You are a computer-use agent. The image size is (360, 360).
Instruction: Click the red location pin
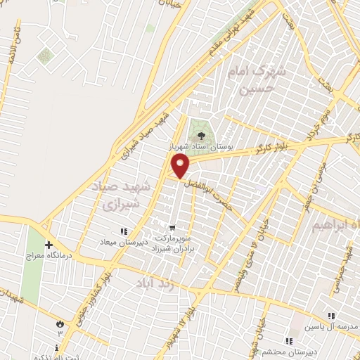(x=181, y=166)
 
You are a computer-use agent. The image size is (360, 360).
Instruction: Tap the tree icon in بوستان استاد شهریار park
(x=202, y=136)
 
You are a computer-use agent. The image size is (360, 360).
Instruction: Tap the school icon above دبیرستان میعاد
(x=124, y=231)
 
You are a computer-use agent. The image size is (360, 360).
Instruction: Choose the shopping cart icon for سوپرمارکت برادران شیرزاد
(x=172, y=228)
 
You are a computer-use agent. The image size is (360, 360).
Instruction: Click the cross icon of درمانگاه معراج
(x=49, y=245)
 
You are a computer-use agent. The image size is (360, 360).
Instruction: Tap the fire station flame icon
(x=60, y=323)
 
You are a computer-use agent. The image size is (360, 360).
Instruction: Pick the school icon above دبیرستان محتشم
(x=289, y=340)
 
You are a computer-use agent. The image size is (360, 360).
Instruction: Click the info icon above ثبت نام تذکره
(x=56, y=347)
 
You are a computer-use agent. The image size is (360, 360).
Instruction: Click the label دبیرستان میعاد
(x=124, y=242)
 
